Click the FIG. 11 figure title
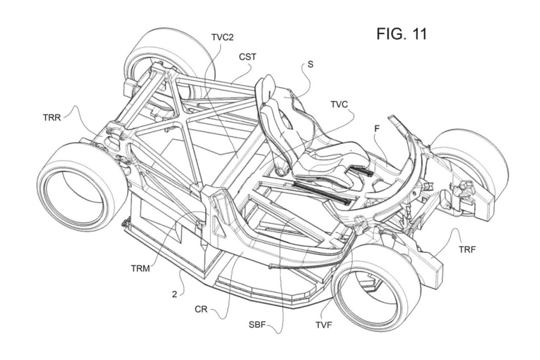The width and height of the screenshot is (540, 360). [401, 34]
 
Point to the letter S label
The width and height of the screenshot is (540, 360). [310, 65]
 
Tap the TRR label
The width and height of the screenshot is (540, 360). [52, 117]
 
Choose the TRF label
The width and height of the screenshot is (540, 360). [467, 249]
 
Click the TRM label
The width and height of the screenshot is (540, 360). [141, 268]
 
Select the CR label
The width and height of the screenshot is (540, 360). [201, 310]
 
